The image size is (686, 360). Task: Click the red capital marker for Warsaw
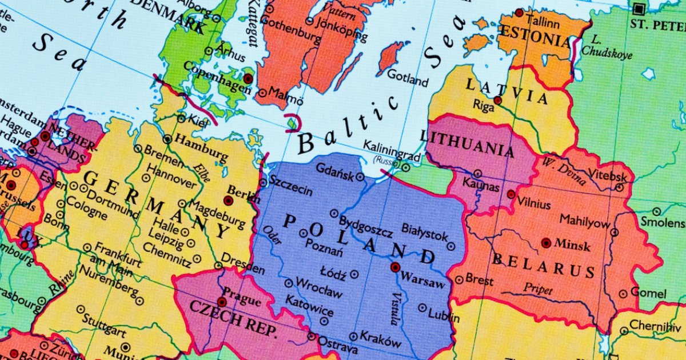click(395, 267)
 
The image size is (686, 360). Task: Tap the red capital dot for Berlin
click(228, 201)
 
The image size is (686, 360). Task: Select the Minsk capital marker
click(546, 243)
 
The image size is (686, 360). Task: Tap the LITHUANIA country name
click(467, 143)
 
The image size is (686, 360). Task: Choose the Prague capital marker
click(222, 302)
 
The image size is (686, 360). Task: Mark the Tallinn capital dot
click(519, 13)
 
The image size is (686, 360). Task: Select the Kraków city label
click(382, 340)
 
